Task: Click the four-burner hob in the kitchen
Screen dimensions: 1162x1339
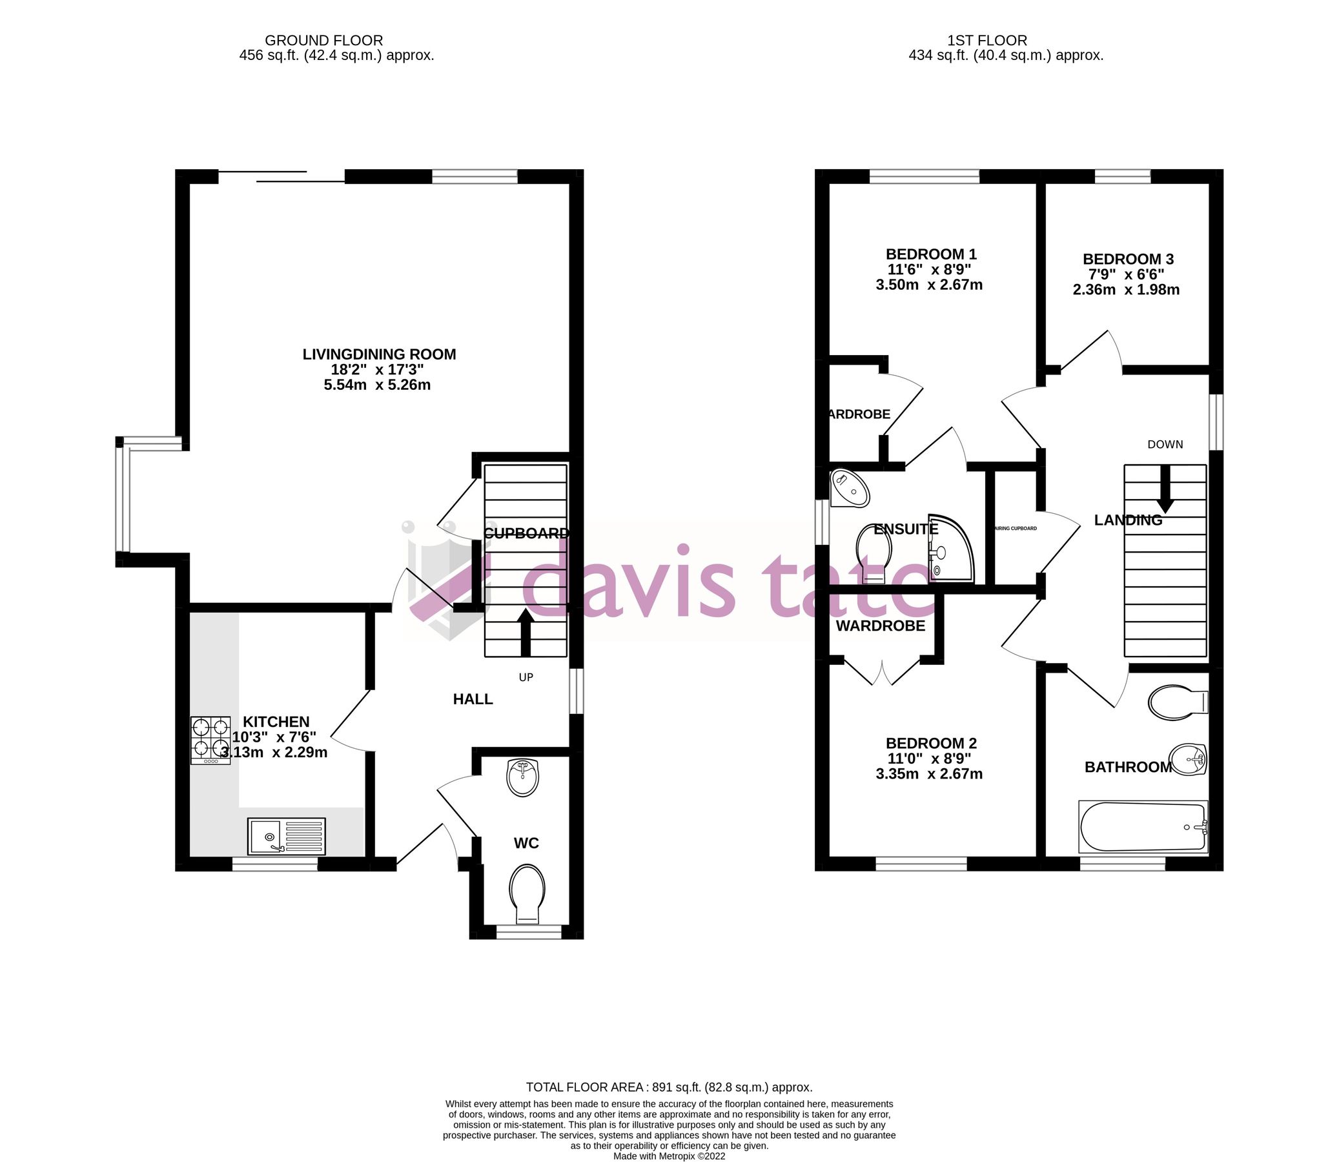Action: pos(210,740)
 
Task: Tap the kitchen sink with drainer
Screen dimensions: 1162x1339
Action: pos(287,837)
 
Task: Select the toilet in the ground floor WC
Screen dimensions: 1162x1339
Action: pos(527,892)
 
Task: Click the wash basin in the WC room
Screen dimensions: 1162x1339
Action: pos(522,777)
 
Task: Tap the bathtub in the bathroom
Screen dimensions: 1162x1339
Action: pos(1143,827)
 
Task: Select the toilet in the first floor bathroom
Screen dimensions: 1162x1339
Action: pos(1178,702)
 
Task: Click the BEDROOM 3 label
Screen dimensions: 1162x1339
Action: pos(1128,259)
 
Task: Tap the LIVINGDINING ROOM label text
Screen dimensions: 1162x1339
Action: pos(380,354)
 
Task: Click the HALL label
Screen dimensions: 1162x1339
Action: pos(473,699)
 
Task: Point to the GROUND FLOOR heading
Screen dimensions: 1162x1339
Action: pos(323,41)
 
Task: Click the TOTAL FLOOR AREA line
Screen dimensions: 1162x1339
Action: pos(668,1086)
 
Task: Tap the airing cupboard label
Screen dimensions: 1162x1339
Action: pos(1015,529)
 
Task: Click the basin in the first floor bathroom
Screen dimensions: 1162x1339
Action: pos(1188,759)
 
